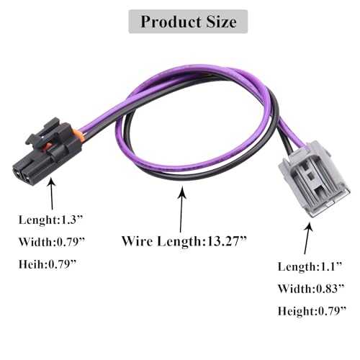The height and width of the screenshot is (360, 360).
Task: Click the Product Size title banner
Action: coord(188,22)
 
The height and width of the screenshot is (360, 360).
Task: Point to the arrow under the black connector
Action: coord(52,193)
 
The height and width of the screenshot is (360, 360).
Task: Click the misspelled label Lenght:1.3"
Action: coord(50,220)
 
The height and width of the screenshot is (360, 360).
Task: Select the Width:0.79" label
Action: coord(52,242)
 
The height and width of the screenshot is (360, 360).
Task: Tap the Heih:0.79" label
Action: coord(48,264)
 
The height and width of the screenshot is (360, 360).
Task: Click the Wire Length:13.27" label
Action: coord(184,241)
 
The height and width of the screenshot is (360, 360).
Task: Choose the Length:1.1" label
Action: coord(310,266)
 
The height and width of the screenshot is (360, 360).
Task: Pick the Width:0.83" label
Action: coord(311,289)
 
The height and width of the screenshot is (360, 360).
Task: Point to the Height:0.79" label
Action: coord(312,311)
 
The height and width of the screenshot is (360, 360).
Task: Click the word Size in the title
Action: coord(221,22)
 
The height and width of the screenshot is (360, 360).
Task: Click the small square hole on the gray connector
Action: coord(310,177)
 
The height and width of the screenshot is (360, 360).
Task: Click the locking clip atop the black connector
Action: coord(45,132)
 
